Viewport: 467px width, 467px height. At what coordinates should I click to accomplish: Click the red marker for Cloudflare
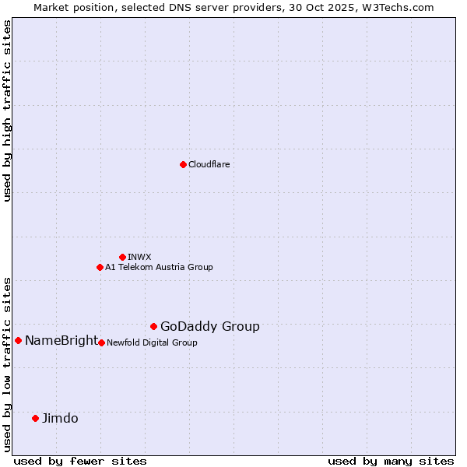click(183, 164)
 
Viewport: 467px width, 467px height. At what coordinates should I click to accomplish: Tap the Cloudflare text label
click(209, 164)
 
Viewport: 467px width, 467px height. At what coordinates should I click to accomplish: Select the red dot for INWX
click(122, 257)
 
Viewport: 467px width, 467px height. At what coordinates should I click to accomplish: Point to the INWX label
click(139, 257)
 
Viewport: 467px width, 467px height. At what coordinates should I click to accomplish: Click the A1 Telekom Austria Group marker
click(100, 267)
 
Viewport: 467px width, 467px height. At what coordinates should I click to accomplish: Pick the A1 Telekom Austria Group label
click(159, 267)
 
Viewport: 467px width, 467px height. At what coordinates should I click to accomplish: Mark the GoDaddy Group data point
click(153, 326)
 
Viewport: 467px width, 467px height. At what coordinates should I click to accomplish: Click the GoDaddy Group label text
click(210, 327)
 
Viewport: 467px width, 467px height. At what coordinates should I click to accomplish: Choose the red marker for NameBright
click(18, 340)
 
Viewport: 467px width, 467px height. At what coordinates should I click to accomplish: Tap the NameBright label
click(61, 340)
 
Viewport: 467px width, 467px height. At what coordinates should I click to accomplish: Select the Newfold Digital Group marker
click(101, 342)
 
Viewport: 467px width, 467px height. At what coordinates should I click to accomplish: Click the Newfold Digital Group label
click(152, 342)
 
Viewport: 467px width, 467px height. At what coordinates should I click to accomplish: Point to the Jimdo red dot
click(35, 418)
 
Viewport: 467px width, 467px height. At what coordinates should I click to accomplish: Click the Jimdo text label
click(60, 418)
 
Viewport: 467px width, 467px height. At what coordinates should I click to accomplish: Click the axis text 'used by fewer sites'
click(80, 461)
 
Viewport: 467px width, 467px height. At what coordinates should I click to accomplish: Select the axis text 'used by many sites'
click(391, 461)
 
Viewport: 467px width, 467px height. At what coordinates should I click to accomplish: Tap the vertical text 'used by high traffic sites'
click(7, 111)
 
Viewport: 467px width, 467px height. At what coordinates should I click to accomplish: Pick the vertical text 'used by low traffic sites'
click(7, 363)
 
